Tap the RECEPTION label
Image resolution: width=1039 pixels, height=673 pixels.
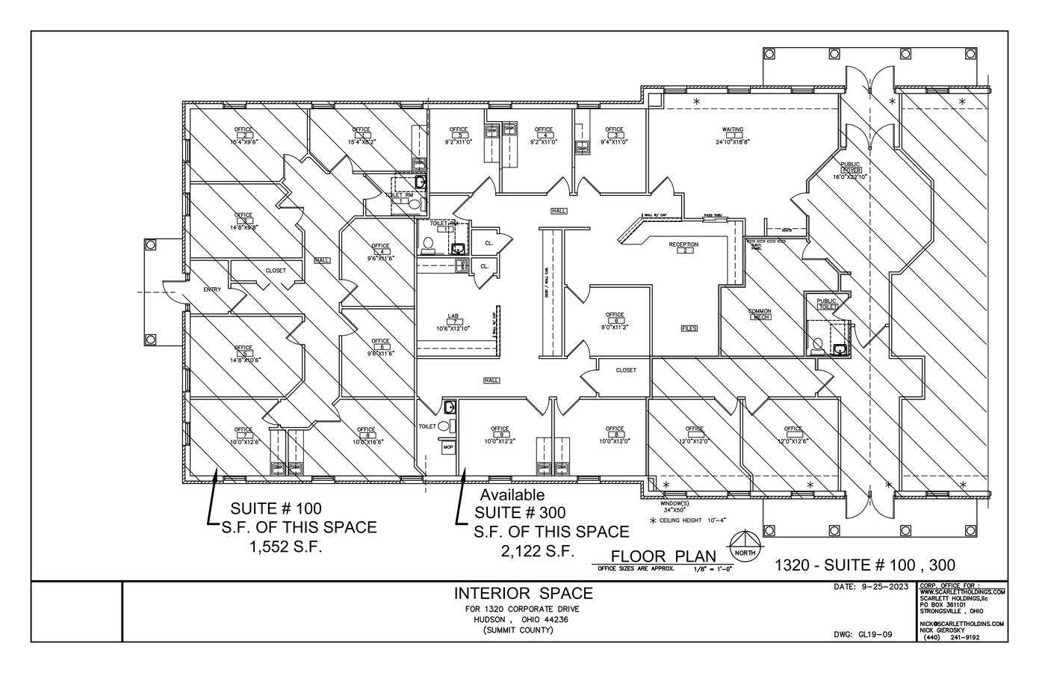[683, 245]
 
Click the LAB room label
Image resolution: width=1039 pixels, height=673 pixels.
[453, 316]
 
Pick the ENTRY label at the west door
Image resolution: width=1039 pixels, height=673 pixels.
[211, 290]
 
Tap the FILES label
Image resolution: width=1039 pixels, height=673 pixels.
[689, 328]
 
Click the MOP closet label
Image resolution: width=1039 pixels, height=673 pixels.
[448, 447]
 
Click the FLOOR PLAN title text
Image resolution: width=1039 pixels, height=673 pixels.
[662, 556]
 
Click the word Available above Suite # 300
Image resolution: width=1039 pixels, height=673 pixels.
[512, 495]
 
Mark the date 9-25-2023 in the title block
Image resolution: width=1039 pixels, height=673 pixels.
[872, 588]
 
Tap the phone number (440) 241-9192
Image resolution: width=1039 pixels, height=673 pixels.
[952, 637]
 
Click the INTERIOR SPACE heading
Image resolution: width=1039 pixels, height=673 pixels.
[524, 594]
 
